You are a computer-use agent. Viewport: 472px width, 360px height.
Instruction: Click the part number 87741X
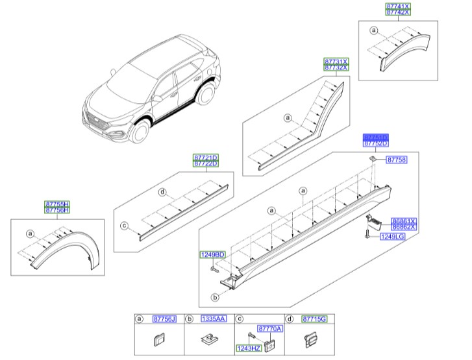pyautogui.click(x=398, y=5)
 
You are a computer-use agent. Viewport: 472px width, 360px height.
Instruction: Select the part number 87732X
pyautogui.click(x=336, y=67)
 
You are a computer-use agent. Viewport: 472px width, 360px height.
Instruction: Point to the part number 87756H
pyautogui.click(x=57, y=211)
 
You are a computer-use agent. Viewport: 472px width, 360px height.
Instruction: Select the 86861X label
pyautogui.click(x=404, y=221)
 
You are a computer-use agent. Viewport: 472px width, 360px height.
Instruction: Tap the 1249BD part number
pyautogui.click(x=212, y=254)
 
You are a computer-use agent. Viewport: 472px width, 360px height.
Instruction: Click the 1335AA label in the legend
pyautogui.click(x=214, y=318)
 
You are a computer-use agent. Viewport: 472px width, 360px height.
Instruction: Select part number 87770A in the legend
pyautogui.click(x=270, y=329)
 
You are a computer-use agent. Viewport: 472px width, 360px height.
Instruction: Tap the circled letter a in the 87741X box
pyautogui.click(x=373, y=30)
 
